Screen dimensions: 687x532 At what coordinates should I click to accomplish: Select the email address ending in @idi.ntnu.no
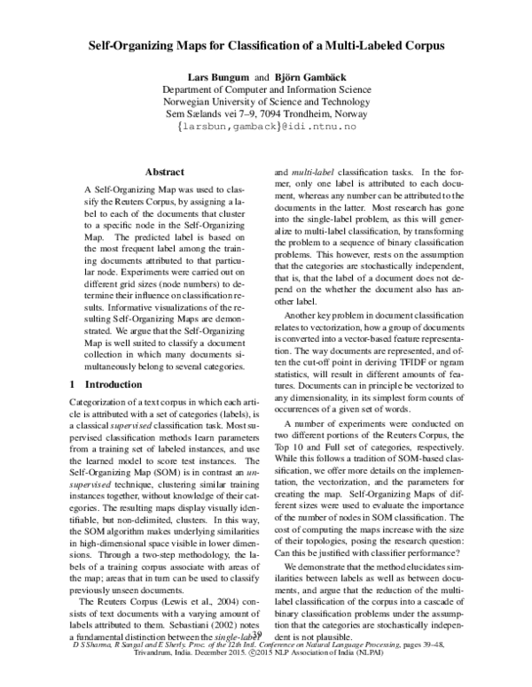(266, 127)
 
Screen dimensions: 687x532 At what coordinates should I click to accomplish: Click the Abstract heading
(164, 172)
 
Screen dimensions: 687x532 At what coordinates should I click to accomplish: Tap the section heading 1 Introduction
(113, 385)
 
